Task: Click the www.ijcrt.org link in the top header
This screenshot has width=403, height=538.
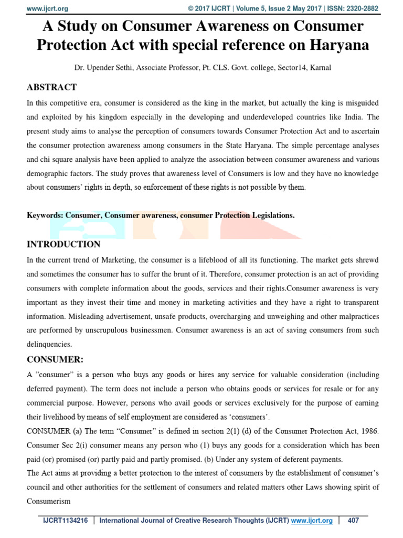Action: [47, 9]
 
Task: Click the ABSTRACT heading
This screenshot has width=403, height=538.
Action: [52, 87]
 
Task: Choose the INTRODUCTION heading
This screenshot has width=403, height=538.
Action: [63, 244]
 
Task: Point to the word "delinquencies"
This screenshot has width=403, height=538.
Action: [49, 345]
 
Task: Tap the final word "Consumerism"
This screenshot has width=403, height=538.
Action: [49, 501]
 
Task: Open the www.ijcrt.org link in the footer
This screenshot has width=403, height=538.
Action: [312, 521]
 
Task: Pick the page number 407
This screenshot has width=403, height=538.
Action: [353, 521]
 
